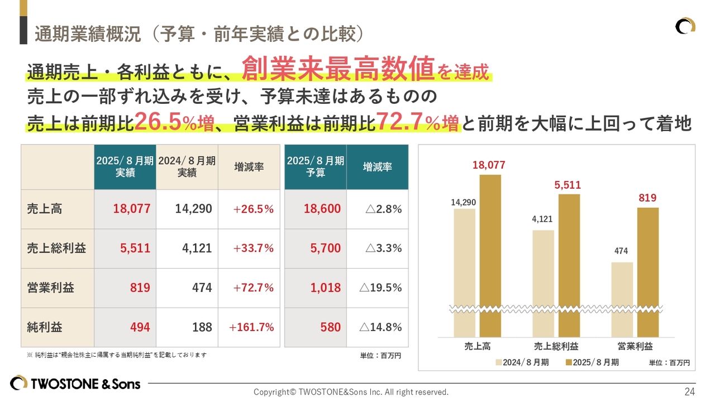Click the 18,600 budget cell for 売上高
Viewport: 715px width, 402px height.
(x=322, y=209)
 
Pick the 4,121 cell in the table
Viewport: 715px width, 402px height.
(x=197, y=248)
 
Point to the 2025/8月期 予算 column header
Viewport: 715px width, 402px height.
(x=316, y=167)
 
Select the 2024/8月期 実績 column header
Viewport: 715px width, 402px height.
(x=187, y=167)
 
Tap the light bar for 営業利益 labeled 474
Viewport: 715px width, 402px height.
(x=622, y=299)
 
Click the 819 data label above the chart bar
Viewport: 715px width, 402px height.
(x=647, y=198)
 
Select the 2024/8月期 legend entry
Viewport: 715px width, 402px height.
(x=522, y=362)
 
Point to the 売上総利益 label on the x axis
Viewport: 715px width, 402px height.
(x=556, y=346)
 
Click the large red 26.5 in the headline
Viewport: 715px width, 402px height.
(x=158, y=122)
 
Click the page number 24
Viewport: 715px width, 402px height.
(x=689, y=391)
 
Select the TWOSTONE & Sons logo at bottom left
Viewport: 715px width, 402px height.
(x=75, y=384)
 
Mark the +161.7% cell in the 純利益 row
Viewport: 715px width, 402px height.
(x=251, y=328)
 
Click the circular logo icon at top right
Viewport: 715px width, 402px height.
(x=685, y=26)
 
